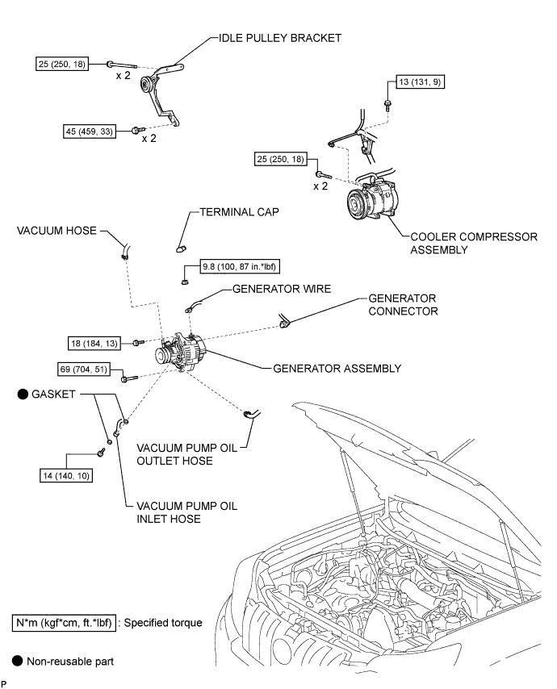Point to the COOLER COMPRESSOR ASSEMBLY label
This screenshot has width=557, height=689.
point(473,243)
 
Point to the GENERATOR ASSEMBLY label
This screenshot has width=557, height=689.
point(337,369)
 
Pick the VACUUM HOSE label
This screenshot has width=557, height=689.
point(55,231)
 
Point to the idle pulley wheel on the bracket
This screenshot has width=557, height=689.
point(149,85)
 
